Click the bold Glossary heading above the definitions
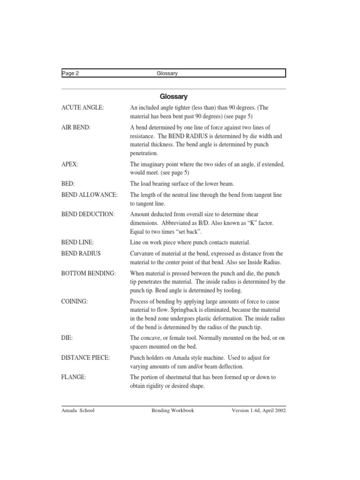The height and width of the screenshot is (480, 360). [x=173, y=97]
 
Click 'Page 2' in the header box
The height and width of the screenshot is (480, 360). [x=70, y=73]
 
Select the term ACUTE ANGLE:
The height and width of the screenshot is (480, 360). [x=82, y=108]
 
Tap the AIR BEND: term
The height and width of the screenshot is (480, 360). [x=77, y=128]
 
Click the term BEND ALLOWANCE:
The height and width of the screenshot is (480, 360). [x=90, y=195]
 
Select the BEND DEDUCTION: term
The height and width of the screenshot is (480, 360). [x=88, y=214]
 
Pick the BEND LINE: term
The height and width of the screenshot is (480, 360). [x=78, y=242]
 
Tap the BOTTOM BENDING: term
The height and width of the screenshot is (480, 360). [x=89, y=273]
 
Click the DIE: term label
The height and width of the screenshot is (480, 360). [x=68, y=338]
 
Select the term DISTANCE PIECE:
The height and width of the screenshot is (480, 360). [x=86, y=358]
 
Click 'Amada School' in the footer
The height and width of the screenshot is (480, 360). [x=78, y=411]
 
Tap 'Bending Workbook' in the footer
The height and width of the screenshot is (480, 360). [x=172, y=411]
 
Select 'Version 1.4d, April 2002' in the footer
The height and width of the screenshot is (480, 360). [x=259, y=411]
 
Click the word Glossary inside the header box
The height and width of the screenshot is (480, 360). [x=167, y=73]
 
